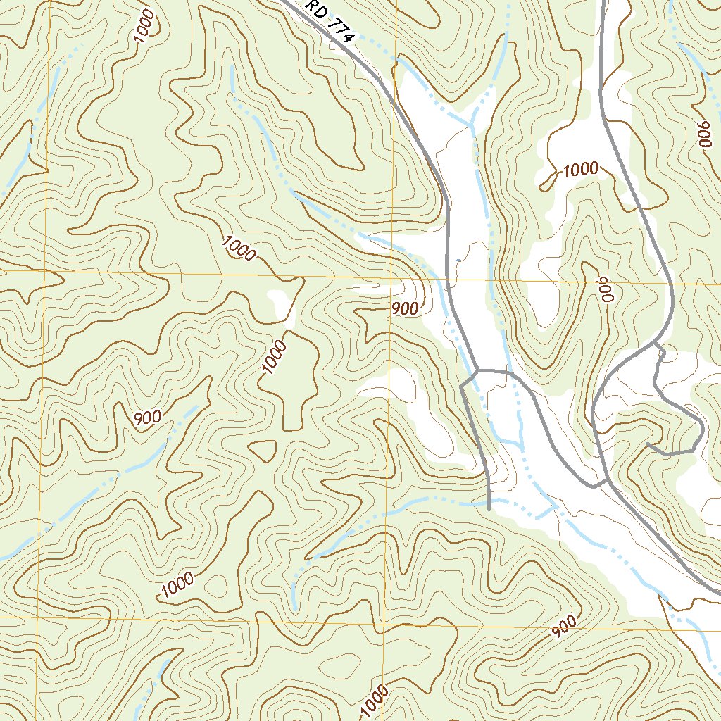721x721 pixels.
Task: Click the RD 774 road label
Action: tap(329, 22)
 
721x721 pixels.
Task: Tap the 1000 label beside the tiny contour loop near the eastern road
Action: tap(580, 169)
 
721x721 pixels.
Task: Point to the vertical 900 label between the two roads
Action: tap(603, 289)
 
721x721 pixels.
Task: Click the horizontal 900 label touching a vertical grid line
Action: tap(405, 308)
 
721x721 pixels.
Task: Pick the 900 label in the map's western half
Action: tap(147, 417)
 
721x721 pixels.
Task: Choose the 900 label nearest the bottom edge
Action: tap(564, 626)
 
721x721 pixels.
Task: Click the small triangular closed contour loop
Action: tap(263, 449)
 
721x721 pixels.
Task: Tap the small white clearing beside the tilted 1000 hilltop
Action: tap(280, 303)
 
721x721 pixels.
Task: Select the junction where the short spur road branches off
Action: tap(477, 370)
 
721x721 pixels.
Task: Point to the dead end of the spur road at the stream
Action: tap(488, 507)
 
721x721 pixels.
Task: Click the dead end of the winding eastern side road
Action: tap(648, 445)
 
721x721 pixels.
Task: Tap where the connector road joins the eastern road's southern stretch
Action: tap(607, 482)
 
